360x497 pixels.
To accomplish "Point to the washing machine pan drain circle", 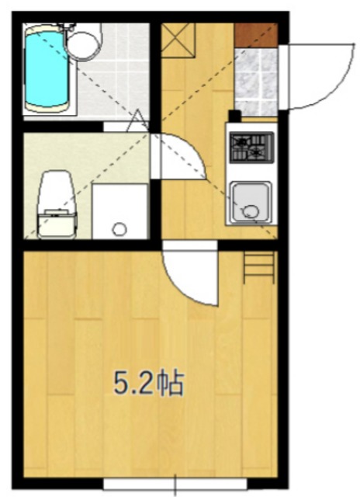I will pyautogui.click(x=119, y=229).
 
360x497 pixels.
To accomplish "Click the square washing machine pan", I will pyautogui.click(x=119, y=210).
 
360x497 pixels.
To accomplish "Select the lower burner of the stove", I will pyautogui.click(x=256, y=155).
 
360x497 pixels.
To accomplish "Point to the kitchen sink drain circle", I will pyautogui.click(x=251, y=210).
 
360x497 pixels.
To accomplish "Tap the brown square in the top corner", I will pyautogui.click(x=256, y=34).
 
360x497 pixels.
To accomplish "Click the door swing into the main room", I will pyautogui.click(x=190, y=276).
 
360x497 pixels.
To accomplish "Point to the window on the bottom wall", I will pyautogui.click(x=175, y=482).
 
